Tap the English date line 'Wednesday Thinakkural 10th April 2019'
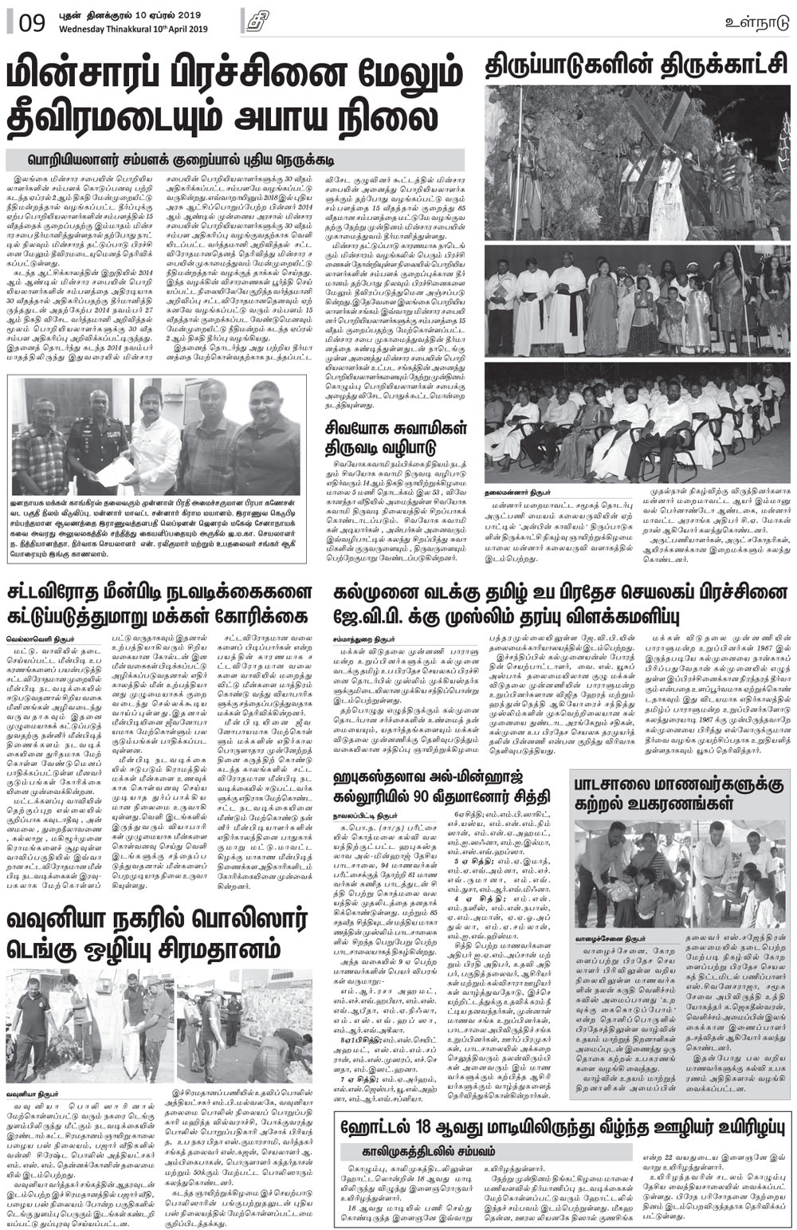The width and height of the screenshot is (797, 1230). [132, 29]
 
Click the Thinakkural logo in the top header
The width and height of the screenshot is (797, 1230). [256, 22]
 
